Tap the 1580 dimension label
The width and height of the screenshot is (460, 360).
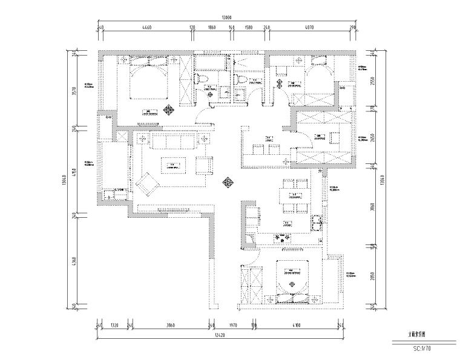click(248, 28)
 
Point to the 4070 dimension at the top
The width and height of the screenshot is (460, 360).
click(309, 28)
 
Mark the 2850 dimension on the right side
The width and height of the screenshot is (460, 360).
click(373, 276)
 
